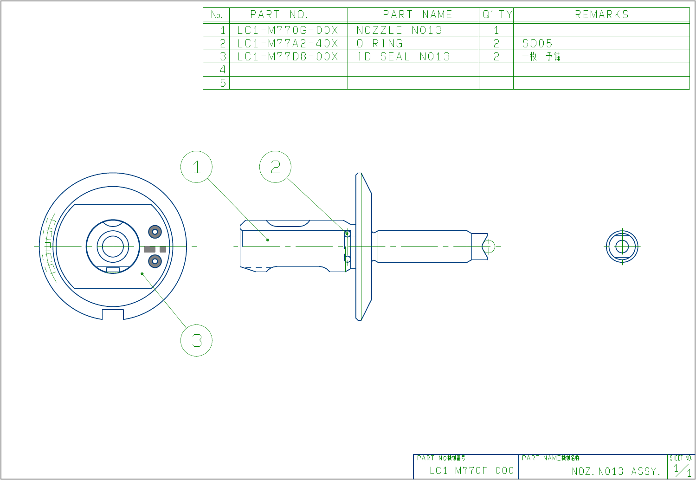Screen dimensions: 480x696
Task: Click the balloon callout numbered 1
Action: coord(196,167)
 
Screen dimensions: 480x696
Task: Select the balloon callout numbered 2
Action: coord(275,167)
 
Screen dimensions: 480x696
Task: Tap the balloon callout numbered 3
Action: coord(196,340)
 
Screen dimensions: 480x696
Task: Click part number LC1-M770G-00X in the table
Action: coord(288,30)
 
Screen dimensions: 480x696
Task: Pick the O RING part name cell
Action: coord(380,44)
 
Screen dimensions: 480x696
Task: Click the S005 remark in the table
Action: coord(537,44)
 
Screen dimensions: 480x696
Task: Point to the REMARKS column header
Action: coord(601,14)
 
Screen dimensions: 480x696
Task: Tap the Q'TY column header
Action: coord(496,14)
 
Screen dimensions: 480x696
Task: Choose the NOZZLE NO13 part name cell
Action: coord(399,30)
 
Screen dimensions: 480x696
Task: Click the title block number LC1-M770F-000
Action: coord(471,471)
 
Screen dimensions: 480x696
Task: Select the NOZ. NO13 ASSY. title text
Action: coord(616,472)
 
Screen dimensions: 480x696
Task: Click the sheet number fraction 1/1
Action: coord(682,470)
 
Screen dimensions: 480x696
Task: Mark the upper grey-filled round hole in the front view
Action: coord(155,231)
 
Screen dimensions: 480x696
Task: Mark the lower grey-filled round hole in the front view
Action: coord(155,261)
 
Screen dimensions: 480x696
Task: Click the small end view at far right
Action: coord(622,246)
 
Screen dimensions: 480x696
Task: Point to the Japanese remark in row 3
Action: coord(541,57)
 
